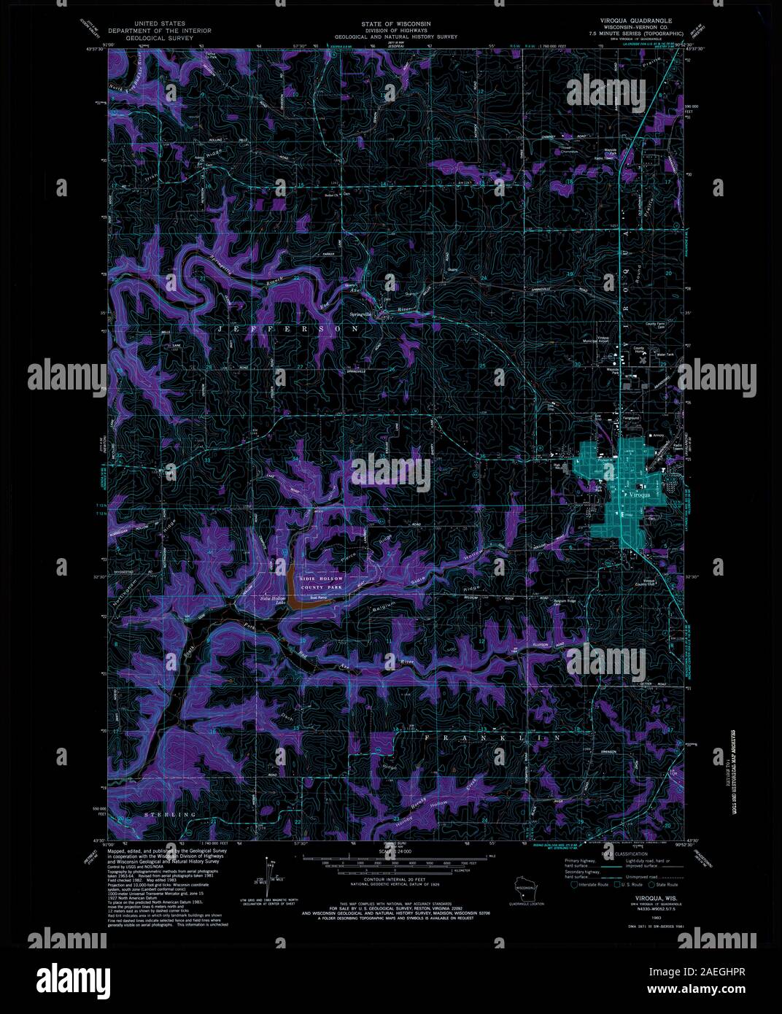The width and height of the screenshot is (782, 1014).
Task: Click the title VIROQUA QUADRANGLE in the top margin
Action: click(x=632, y=21)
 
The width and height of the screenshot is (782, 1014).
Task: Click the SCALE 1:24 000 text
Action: click(x=394, y=851)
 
